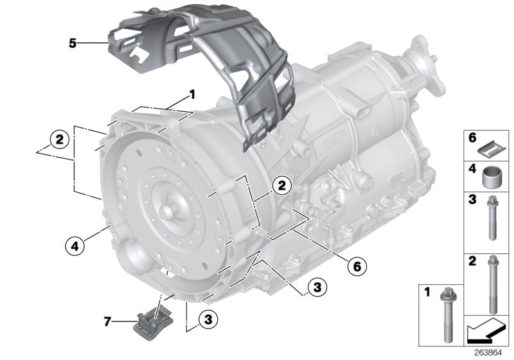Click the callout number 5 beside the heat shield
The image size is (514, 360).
tap(73, 44)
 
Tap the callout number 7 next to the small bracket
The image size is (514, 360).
tap(108, 319)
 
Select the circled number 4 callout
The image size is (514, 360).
tap(75, 244)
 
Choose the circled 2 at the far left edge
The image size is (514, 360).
tap(58, 138)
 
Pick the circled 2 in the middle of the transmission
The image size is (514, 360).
tap(280, 186)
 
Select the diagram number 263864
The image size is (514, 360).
tap(491, 353)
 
